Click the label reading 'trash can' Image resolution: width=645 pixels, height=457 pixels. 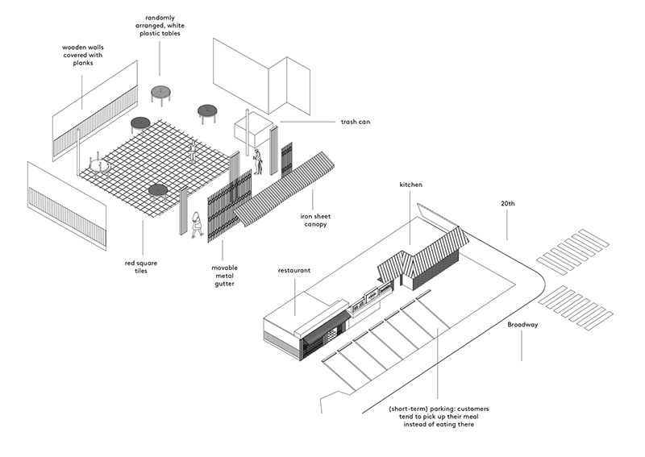coord(354,123)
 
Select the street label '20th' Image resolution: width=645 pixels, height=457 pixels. coord(506,205)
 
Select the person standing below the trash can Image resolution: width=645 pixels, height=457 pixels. coord(258,161)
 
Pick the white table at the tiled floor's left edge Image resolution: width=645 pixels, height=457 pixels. coord(100,166)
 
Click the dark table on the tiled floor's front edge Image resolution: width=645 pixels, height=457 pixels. coord(157,191)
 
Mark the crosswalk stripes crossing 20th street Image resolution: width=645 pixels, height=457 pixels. coord(575,251)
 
